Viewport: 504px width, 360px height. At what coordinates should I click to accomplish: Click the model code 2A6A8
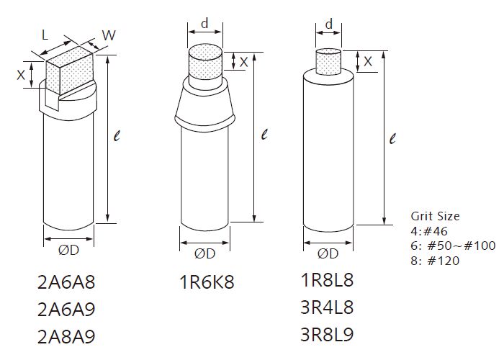tap(66, 282)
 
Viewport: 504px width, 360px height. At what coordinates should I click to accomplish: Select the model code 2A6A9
tap(66, 310)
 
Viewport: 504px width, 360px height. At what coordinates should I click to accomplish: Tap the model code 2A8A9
tap(66, 337)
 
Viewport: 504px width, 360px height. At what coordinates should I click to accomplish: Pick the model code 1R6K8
tap(207, 282)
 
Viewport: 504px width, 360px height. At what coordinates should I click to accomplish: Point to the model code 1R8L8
tap(327, 279)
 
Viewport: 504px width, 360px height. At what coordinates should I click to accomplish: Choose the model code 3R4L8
tap(327, 307)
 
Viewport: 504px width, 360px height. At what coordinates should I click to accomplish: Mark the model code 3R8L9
tap(327, 334)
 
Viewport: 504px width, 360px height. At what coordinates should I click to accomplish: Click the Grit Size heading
tap(435, 216)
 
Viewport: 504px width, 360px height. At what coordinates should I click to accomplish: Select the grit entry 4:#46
tap(429, 231)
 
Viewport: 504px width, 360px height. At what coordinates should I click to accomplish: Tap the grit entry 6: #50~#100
tap(453, 246)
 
